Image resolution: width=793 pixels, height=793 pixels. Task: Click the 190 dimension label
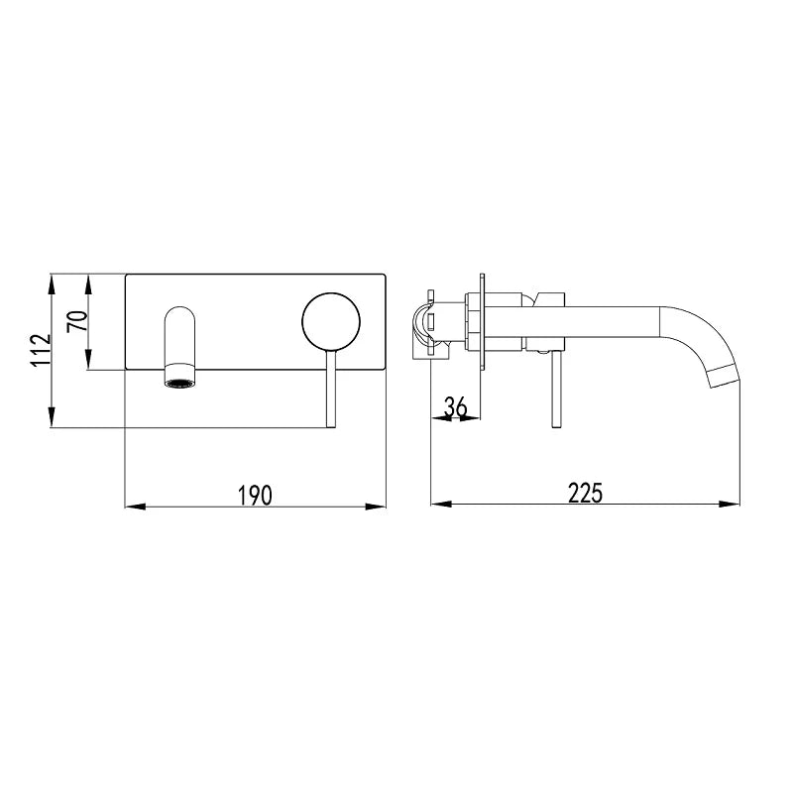256,493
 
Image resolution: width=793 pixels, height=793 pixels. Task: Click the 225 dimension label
586,493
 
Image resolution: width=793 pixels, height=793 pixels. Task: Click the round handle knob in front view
330,321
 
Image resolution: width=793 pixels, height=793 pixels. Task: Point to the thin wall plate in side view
483,322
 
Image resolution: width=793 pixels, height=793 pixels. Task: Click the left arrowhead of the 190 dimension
132,507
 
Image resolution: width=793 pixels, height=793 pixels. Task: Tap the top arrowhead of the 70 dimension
90,280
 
